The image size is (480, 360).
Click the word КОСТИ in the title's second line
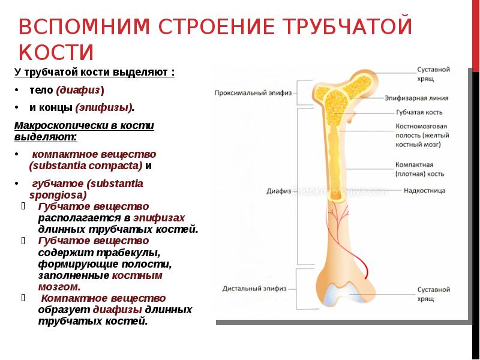[x=56, y=52]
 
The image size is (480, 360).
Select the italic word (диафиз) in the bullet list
[x=80, y=90]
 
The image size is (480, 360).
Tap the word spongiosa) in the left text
[x=58, y=194]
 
